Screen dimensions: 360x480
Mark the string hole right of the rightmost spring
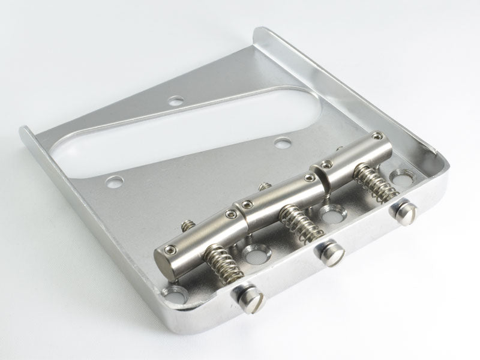coord(400,178)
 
